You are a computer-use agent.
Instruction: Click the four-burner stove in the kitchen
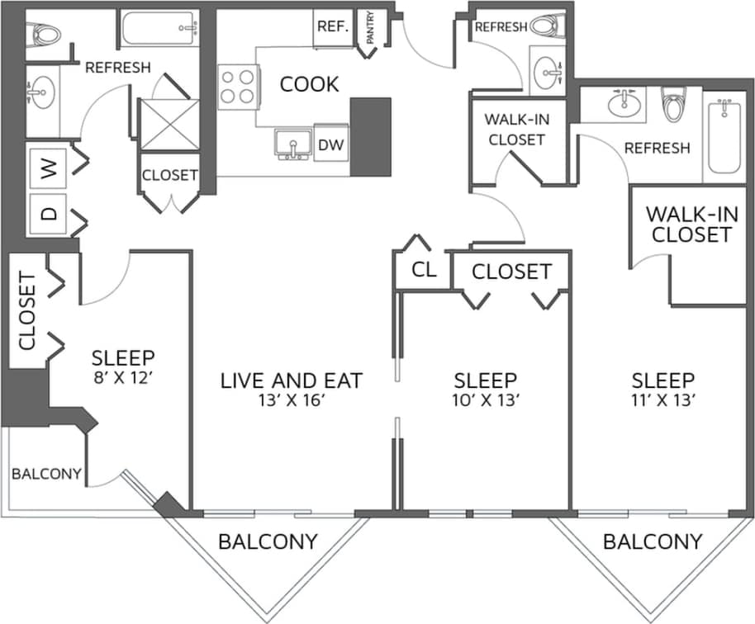point(236,87)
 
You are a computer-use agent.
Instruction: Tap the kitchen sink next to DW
point(292,143)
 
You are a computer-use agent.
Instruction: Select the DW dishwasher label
point(330,144)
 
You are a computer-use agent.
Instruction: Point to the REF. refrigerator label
point(333,26)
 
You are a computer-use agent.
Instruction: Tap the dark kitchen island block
point(370,136)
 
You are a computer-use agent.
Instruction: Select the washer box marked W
point(49,170)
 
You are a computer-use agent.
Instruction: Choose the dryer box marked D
point(49,213)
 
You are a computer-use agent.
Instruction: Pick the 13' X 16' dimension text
point(291,403)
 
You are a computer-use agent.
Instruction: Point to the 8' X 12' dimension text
point(123,380)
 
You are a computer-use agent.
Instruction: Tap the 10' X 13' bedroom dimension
point(486,403)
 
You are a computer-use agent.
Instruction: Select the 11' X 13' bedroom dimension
point(662,403)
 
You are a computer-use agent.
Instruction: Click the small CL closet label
point(423,271)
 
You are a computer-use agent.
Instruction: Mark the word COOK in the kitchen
point(309,84)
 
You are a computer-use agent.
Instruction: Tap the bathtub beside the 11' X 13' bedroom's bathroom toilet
point(724,135)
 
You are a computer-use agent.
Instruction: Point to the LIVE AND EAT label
point(291,381)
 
